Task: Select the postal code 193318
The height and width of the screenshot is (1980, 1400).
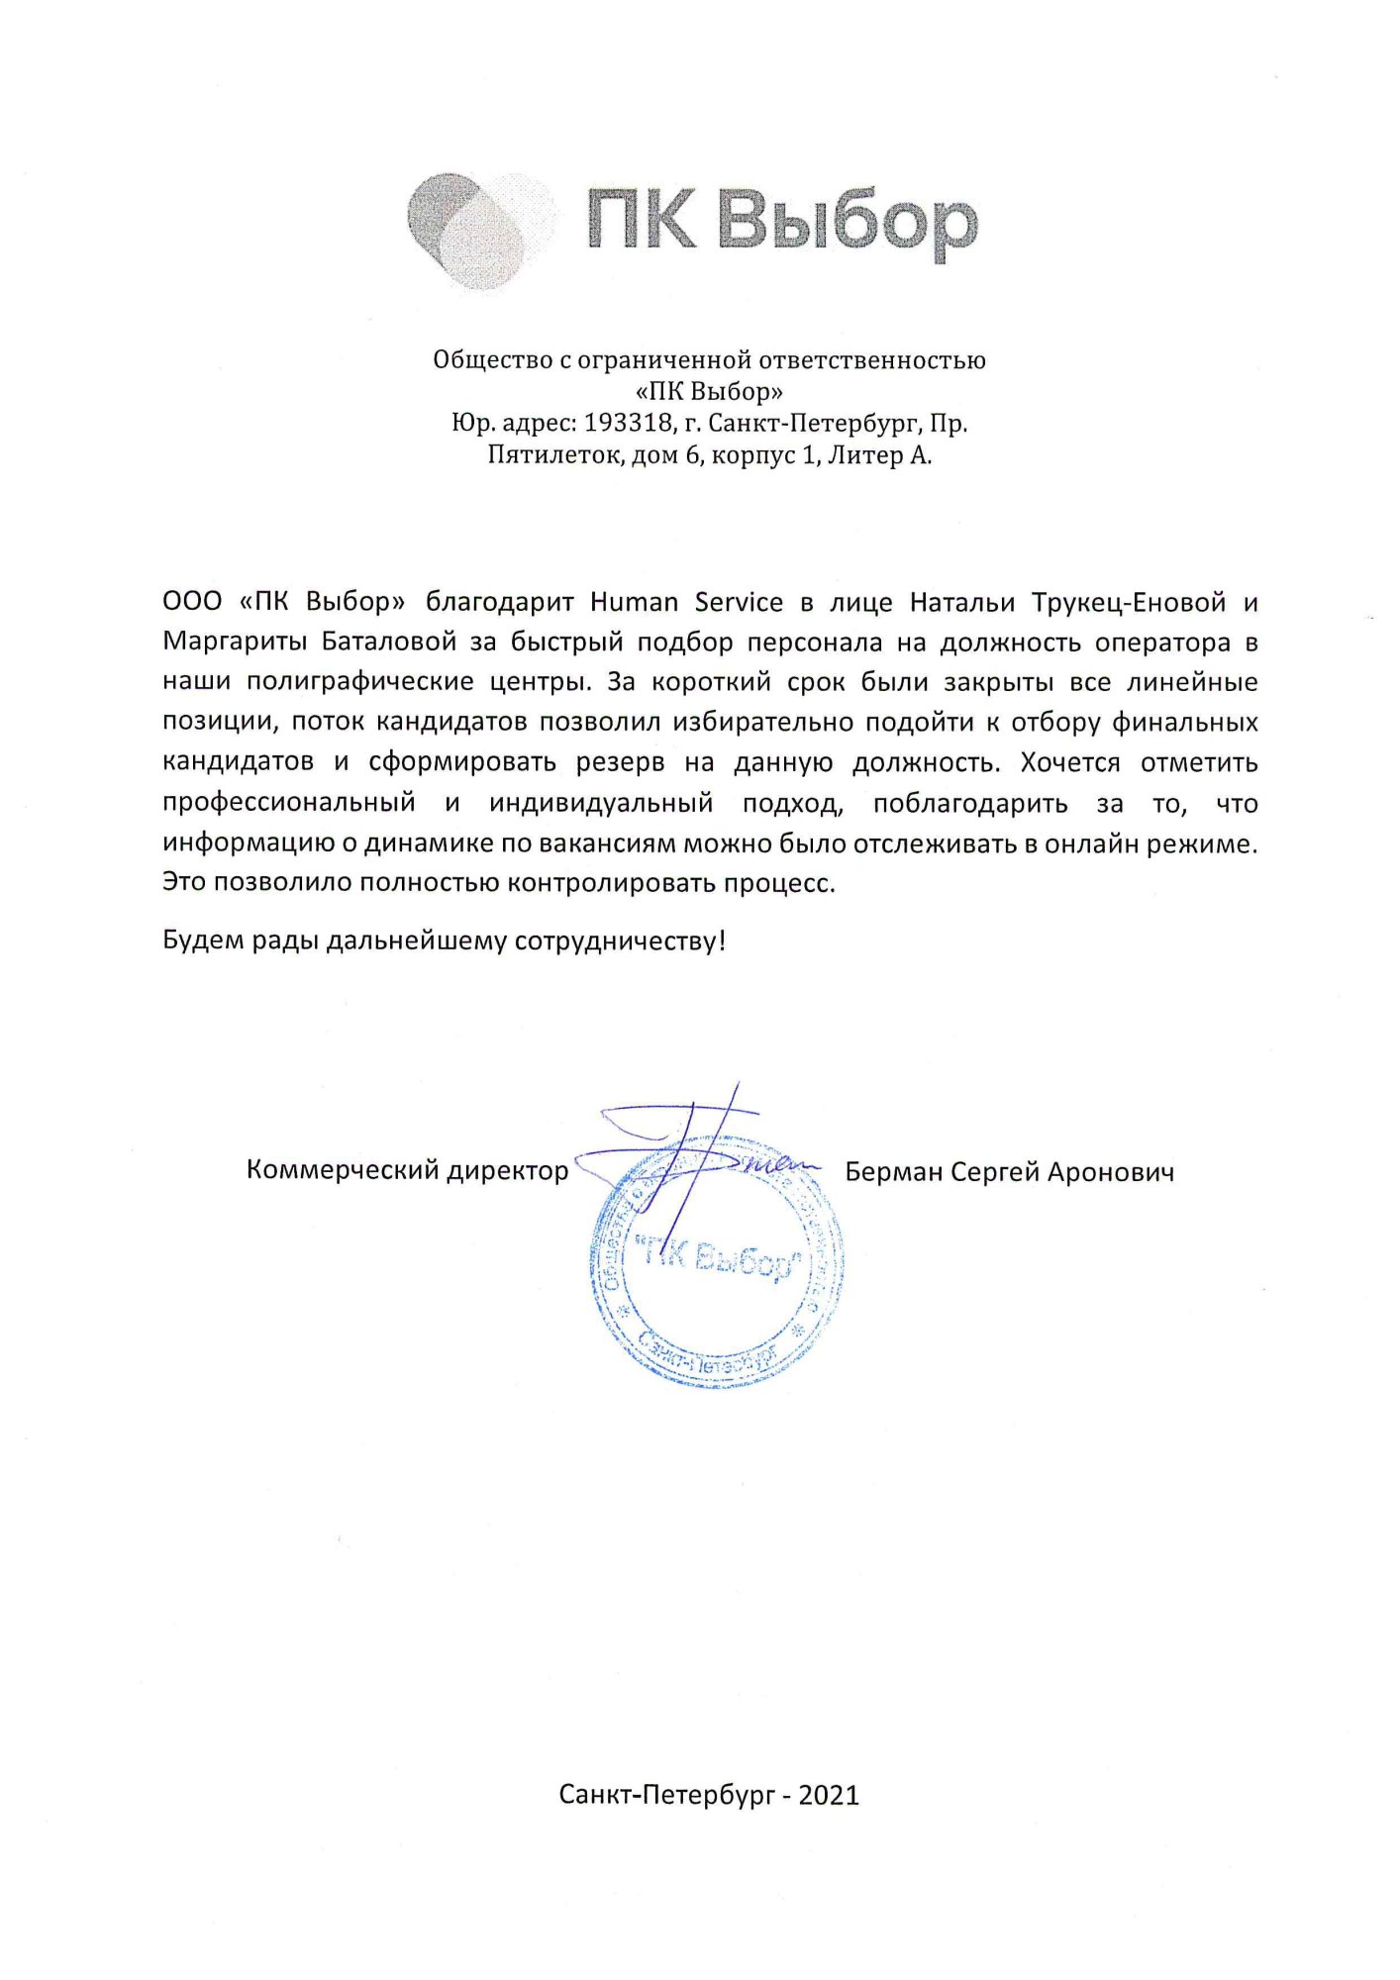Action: point(627,424)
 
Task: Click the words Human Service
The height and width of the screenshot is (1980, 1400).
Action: point(686,602)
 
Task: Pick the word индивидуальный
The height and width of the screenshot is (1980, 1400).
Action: point(601,803)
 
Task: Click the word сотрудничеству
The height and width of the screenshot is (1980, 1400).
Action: point(620,940)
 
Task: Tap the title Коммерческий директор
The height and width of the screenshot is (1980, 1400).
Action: point(407,1170)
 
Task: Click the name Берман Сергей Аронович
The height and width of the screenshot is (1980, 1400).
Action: point(1009,1172)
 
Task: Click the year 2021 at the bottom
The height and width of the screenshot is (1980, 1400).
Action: point(829,1795)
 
